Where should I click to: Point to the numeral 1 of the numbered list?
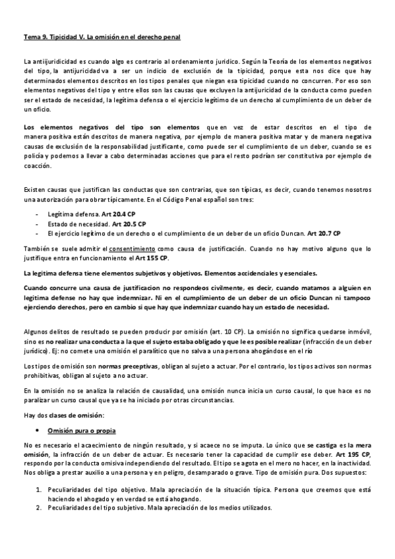click(x=38, y=490)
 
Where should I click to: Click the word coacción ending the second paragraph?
click(x=38, y=166)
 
